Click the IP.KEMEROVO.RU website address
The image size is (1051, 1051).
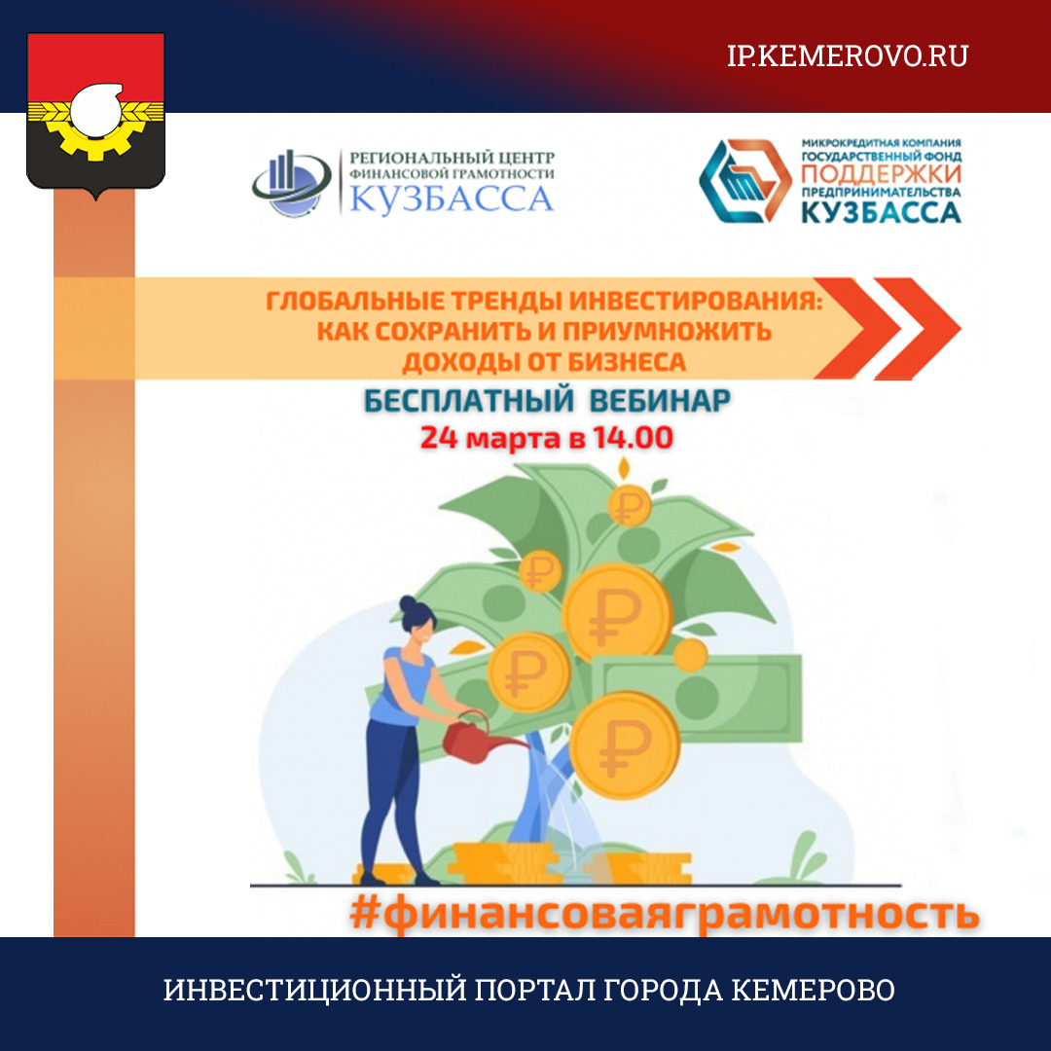(848, 55)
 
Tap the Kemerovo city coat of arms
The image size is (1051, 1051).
(95, 115)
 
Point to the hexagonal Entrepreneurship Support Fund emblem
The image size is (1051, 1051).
(745, 181)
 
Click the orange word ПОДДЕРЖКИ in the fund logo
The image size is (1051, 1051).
(881, 174)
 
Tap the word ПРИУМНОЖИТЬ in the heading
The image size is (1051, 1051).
(667, 331)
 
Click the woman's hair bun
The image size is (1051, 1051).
(408, 602)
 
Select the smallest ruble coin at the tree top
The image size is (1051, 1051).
(539, 571)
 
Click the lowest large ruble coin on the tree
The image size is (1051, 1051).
(625, 745)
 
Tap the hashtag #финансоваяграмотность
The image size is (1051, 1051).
(664, 914)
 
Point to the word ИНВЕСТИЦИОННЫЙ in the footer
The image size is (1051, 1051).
(314, 990)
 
